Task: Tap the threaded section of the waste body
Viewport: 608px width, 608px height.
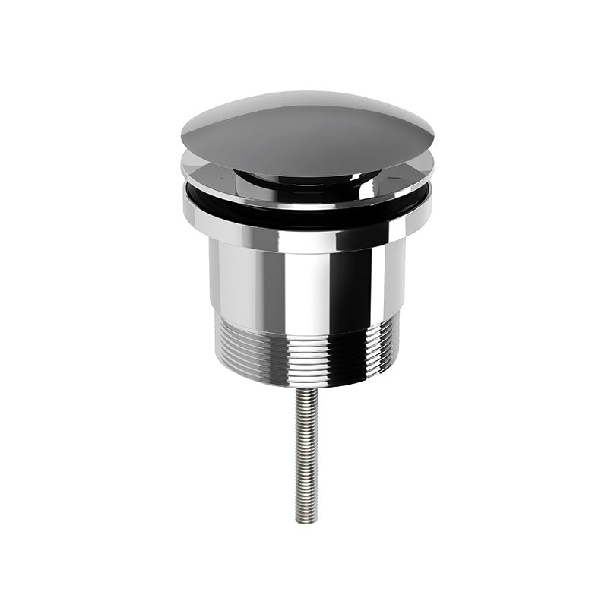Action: click(x=307, y=350)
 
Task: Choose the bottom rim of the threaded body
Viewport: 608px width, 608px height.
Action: click(x=307, y=384)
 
